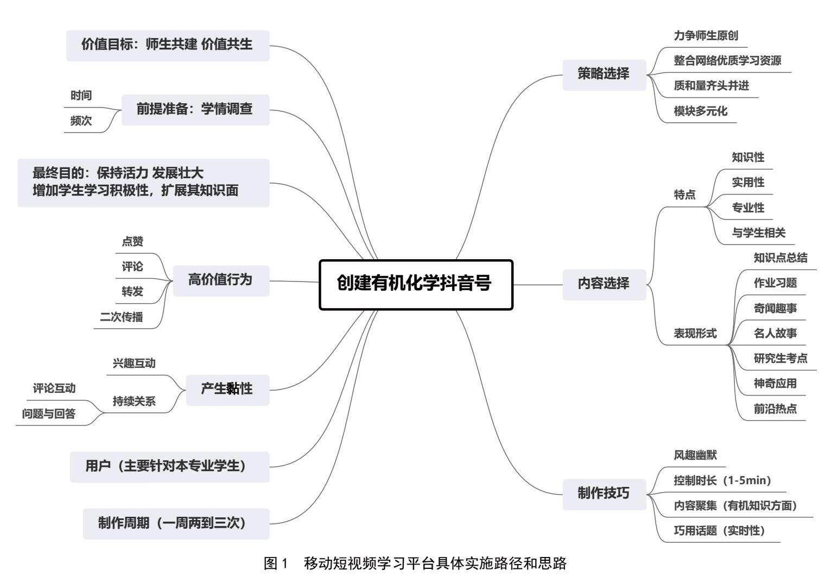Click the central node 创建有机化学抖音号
point(416,285)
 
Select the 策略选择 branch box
point(604,74)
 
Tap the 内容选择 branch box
point(604,284)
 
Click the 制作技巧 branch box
point(604,494)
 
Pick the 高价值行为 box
point(220,280)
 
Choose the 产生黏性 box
point(227,390)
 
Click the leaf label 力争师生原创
point(706,36)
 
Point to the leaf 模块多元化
point(700,111)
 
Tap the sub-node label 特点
point(684,195)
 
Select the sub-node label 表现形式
point(695,334)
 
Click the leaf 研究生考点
point(780,359)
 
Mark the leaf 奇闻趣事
point(775,309)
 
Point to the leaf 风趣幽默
point(695,455)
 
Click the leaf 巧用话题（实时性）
point(719,531)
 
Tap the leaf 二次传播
point(121,317)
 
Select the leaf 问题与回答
point(49,414)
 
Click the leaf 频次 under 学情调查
point(81,121)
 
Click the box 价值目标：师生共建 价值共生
point(167,45)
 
